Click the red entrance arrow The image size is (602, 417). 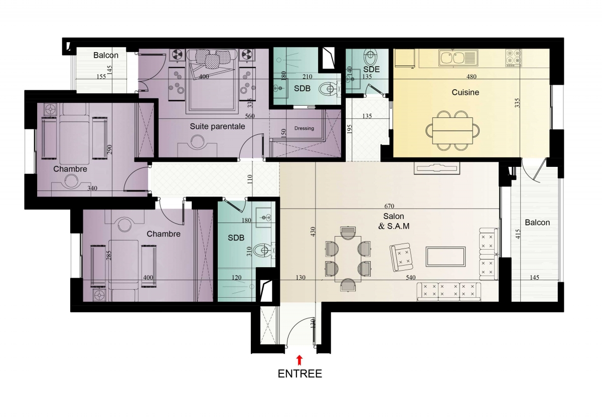point(299,360)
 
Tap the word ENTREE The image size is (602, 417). point(299,374)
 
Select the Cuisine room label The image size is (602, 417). point(465,92)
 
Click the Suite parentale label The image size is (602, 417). point(217,126)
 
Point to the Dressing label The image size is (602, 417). point(304,128)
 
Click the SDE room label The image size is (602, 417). point(371,69)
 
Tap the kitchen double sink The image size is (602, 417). point(458,58)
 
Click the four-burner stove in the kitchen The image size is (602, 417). point(513,58)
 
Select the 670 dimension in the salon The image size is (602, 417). point(389,206)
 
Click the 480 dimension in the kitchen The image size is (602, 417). point(472,77)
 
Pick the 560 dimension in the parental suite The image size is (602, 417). point(250,116)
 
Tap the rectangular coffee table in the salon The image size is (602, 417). point(445,257)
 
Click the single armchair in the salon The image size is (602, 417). point(401,257)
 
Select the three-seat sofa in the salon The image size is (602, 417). point(449,292)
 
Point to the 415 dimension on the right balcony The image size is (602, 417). point(518,234)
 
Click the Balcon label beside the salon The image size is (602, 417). point(537,223)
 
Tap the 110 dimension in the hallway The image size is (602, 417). point(250,179)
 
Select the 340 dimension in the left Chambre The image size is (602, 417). point(92,188)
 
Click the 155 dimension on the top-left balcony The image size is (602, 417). point(101,77)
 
